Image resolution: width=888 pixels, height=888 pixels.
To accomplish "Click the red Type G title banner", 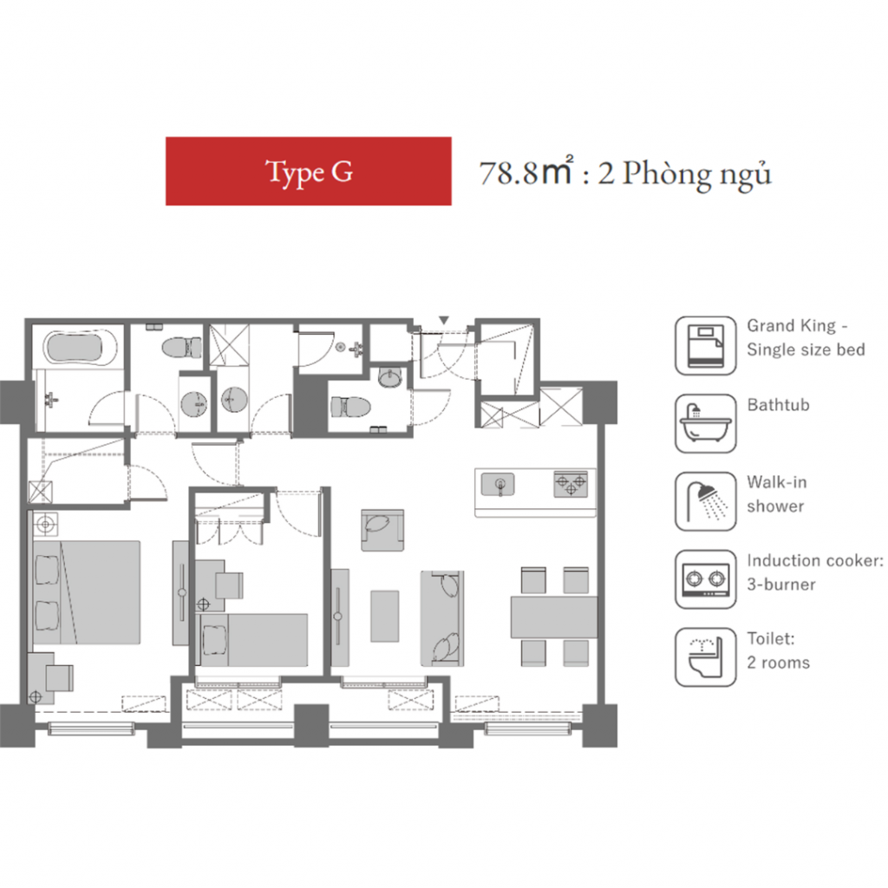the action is point(308,171).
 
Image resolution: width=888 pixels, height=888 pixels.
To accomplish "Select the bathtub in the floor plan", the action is point(82,347).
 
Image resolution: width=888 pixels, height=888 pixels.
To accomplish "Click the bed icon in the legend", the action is point(706,345).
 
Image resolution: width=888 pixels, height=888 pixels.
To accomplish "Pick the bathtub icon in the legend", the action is point(706,423).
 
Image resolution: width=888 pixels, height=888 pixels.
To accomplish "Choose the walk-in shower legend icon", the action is point(706,502).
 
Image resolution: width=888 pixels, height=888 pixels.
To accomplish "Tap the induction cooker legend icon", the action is point(706,579).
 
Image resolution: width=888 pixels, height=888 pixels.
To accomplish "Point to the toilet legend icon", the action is point(706,657).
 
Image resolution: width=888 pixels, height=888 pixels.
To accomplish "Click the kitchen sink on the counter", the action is point(498,485).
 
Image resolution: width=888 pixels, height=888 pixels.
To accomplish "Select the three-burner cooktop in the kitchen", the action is point(571,485).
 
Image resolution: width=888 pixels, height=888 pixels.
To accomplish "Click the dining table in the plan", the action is point(554,617).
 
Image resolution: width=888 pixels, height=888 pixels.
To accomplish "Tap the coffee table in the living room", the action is point(384,617).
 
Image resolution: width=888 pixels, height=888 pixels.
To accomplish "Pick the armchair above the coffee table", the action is point(382,530).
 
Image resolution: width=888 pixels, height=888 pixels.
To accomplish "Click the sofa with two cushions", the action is point(442,618).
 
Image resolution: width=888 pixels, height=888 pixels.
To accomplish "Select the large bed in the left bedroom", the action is point(87,592).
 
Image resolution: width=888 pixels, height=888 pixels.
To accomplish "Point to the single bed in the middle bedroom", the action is point(253,640).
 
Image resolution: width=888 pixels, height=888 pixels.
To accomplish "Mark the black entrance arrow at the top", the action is point(444,321).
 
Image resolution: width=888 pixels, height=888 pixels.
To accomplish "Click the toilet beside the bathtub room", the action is point(182,347).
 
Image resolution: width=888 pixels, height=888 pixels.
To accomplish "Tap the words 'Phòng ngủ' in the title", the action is point(696,173).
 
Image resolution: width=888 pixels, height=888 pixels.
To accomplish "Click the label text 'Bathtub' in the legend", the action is point(778,405).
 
